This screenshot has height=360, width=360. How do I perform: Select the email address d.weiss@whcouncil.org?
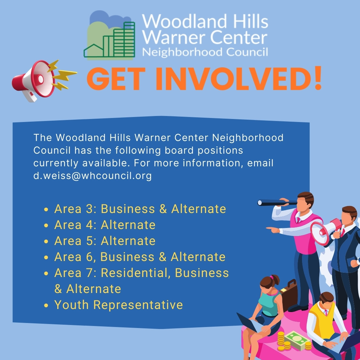[92, 176]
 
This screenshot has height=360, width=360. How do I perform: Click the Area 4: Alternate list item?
[105, 225]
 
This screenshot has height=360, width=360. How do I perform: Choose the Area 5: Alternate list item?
[105, 241]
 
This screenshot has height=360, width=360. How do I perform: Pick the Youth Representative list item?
[118, 305]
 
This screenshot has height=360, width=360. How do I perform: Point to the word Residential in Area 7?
[136, 273]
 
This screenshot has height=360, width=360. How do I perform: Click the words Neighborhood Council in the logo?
[205, 52]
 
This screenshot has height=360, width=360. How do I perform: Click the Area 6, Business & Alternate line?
[140, 257]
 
